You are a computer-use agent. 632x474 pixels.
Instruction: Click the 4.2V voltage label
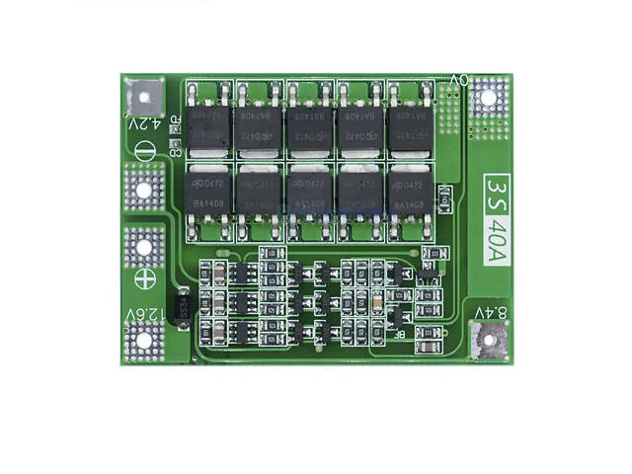pyautogui.click(x=144, y=124)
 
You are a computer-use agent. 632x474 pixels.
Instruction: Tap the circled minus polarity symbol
pyautogui.click(x=144, y=153)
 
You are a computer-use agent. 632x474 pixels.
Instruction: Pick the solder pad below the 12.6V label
pyautogui.click(x=144, y=341)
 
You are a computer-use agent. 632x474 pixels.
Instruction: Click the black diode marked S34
pyautogui.click(x=181, y=306)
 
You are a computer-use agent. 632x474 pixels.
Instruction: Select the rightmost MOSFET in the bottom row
pyautogui.click(x=409, y=193)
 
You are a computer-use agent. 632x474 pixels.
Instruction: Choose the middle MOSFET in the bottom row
pyautogui.click(x=308, y=193)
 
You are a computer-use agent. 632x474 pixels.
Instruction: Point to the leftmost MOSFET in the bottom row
pyautogui.click(x=206, y=193)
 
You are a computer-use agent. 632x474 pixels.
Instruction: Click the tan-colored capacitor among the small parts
pyautogui.click(x=375, y=300)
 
